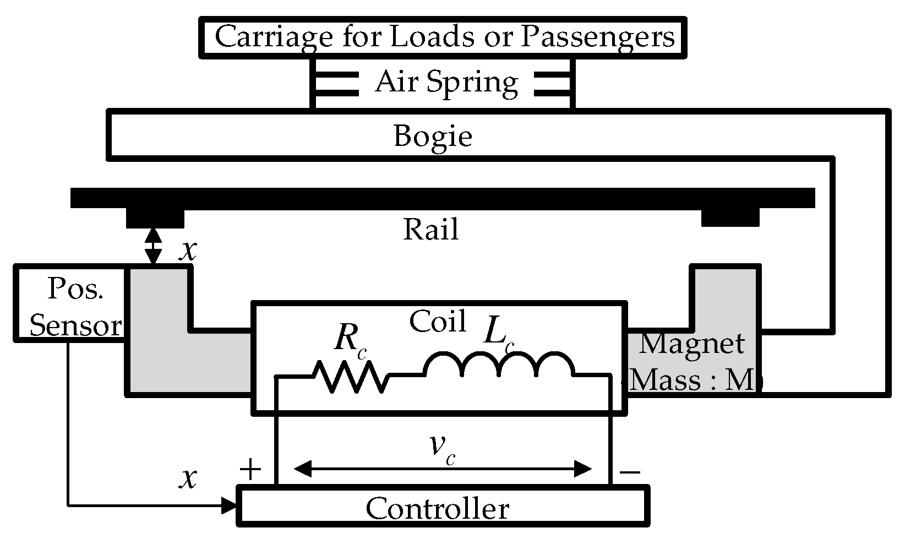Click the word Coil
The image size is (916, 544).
pos(438,321)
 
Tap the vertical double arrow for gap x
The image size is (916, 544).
pos(153,246)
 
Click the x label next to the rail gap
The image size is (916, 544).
pos(189,250)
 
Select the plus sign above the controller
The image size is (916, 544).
pos(250,470)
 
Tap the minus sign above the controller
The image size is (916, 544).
pos(629,471)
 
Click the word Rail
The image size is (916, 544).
pos(431,229)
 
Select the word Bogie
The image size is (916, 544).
pos(433,135)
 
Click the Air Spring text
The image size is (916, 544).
pos(446,83)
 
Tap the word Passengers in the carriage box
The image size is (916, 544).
pos(597,36)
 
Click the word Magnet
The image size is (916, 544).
pos(691,344)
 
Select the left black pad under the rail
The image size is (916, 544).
pos(155,218)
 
